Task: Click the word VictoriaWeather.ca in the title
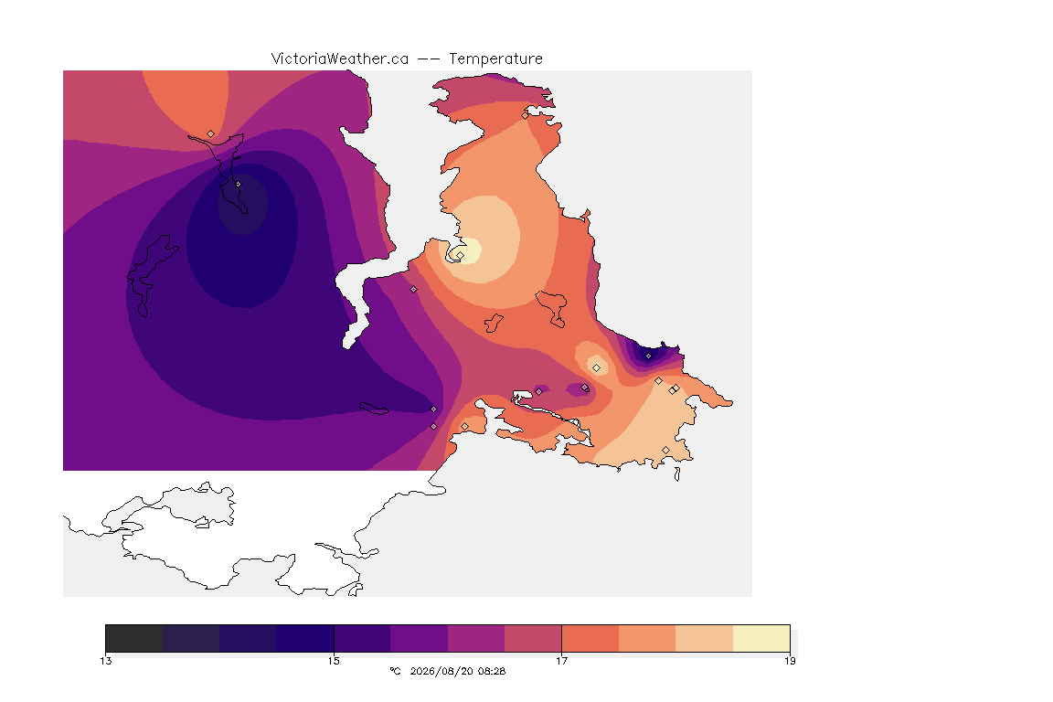(x=340, y=59)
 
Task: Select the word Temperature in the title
(x=495, y=59)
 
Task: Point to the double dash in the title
(x=429, y=59)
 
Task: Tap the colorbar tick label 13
(x=106, y=661)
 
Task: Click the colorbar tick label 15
(x=334, y=661)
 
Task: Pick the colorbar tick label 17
(x=561, y=661)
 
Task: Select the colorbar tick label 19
(x=790, y=661)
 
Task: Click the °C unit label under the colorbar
(x=395, y=671)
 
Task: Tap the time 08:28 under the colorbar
(x=492, y=671)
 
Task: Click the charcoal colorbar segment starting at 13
(x=134, y=638)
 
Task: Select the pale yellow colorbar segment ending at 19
(x=760, y=638)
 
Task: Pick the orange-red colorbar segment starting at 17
(x=590, y=638)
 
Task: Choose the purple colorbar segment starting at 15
(x=363, y=638)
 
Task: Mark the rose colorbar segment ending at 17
(x=533, y=638)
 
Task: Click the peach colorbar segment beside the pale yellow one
(x=704, y=638)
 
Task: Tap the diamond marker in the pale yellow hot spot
(x=460, y=256)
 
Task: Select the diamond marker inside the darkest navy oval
(x=239, y=184)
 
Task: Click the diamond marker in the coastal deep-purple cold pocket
(x=648, y=356)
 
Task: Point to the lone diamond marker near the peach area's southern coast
(x=665, y=450)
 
